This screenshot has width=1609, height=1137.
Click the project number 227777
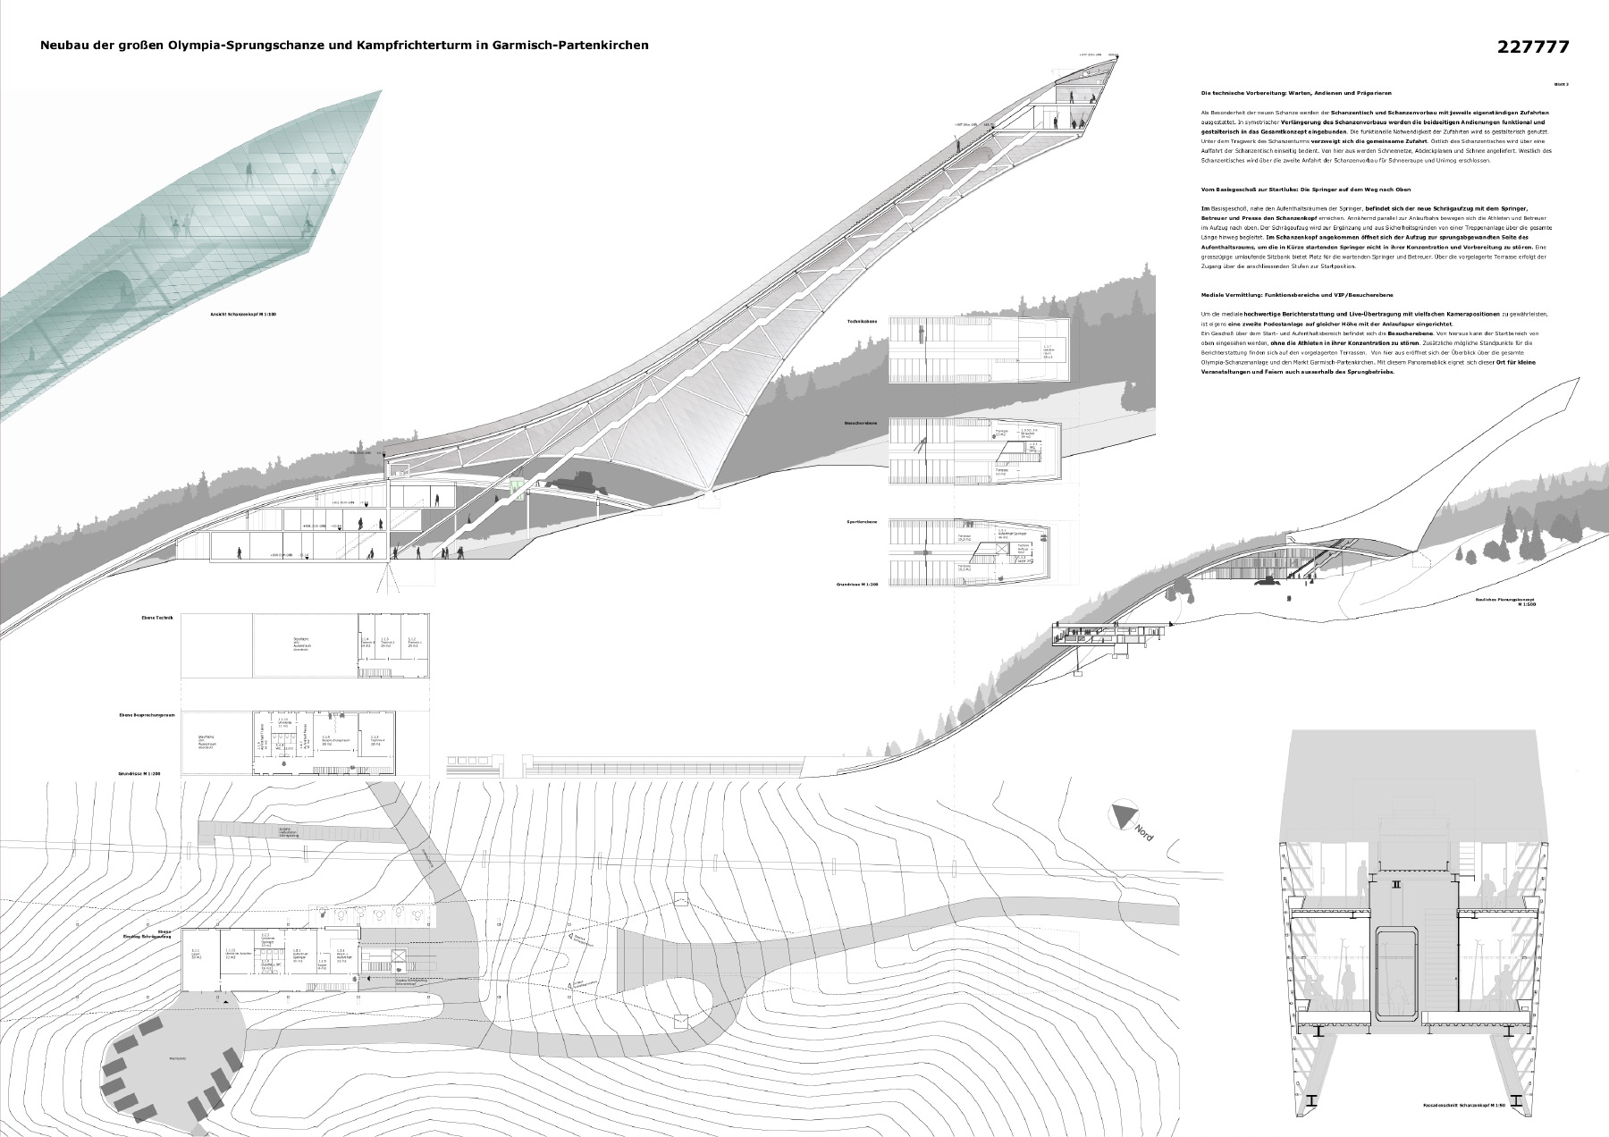[1532, 46]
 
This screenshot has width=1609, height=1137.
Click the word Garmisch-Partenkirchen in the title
[570, 44]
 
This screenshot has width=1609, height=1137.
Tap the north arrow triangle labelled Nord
[1122, 816]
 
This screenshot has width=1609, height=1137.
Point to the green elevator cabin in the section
[516, 484]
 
